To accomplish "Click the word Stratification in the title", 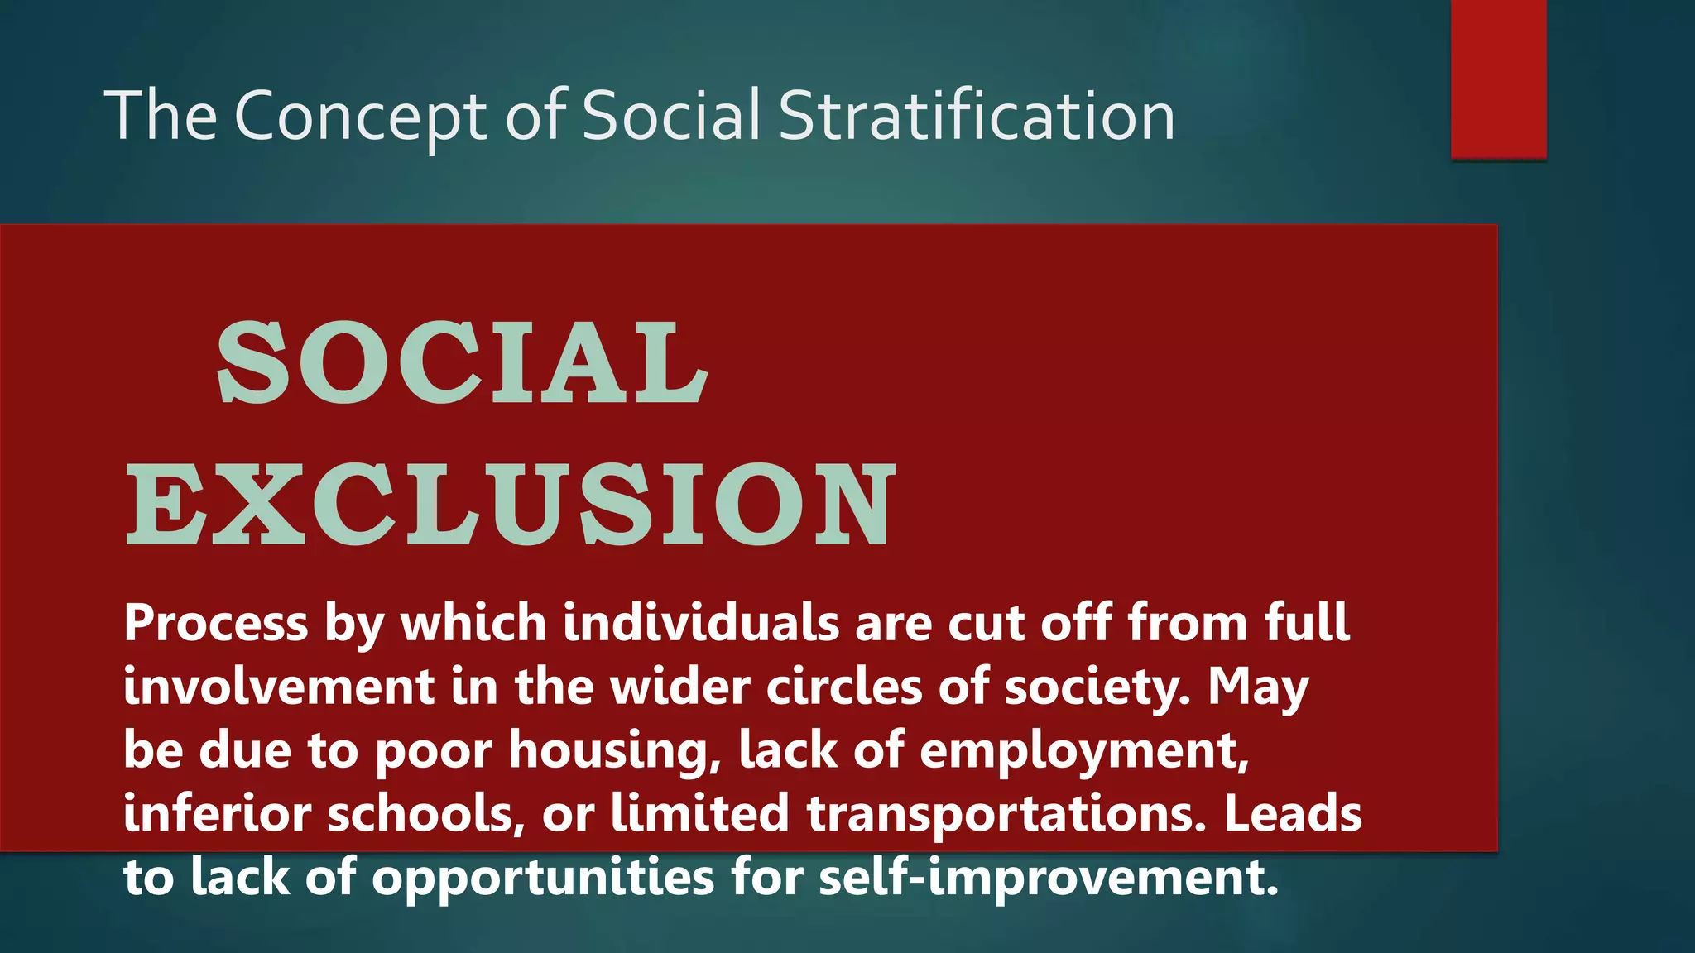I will point(977,116).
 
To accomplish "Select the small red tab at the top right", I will point(1498,79).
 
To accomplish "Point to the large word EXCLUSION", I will point(511,505).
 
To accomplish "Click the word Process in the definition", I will point(216,623).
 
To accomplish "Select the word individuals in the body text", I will point(701,623).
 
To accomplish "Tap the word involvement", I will point(279,687).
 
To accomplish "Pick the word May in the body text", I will point(1258,687).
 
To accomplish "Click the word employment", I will point(1083,750).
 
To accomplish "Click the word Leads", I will point(1293,814).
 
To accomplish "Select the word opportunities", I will point(542,878).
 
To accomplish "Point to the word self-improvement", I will point(1048,878).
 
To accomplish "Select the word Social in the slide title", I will point(670,116).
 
